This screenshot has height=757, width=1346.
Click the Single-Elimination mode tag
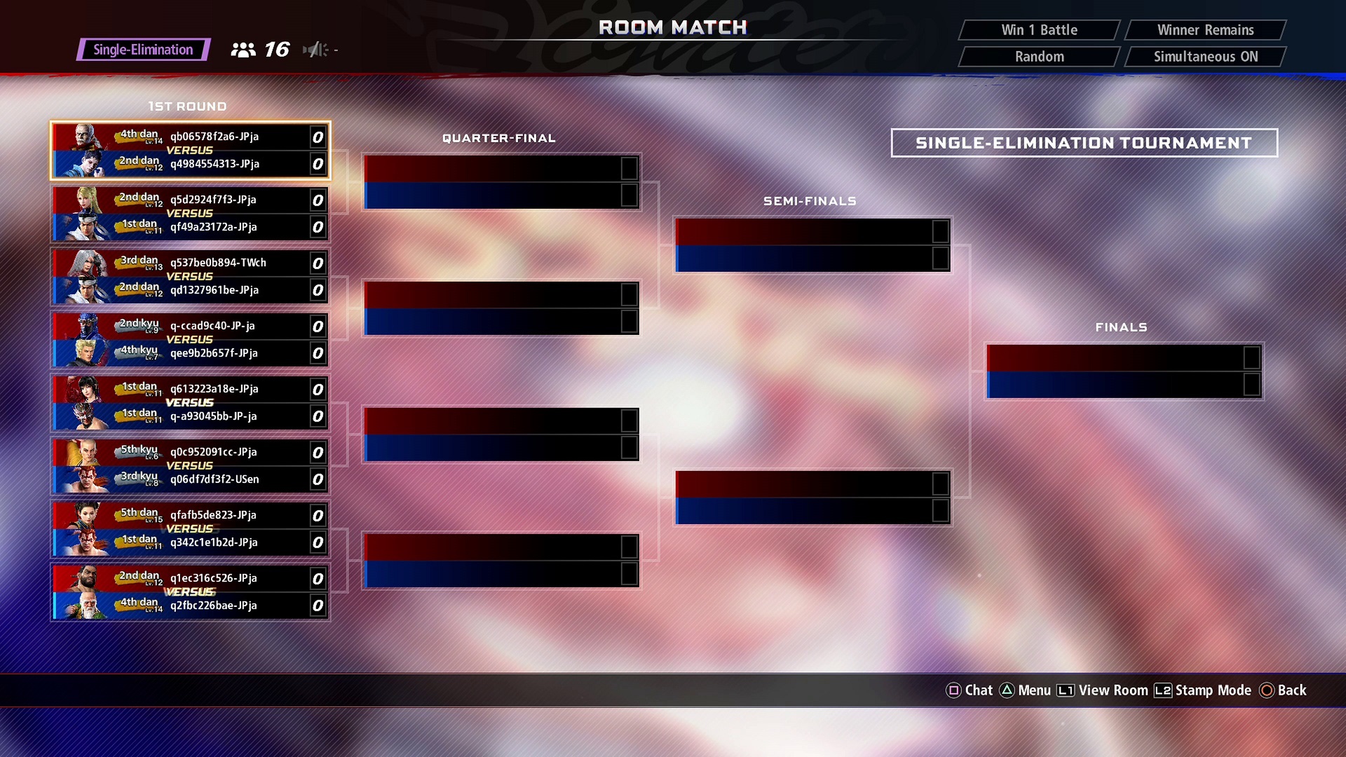[144, 50]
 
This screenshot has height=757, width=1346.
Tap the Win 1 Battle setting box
[1039, 30]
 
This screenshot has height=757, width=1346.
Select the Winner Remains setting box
[1205, 30]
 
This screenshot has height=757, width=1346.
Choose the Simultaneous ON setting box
[1205, 57]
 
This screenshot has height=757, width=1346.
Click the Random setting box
[1039, 57]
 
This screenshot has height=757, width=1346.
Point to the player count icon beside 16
[243, 50]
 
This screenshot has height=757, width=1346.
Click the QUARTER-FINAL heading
[498, 138]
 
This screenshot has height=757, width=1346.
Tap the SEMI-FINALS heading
[810, 201]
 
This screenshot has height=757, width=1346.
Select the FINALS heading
[1121, 327]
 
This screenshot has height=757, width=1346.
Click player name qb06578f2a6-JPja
[215, 137]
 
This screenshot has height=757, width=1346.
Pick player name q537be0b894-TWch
[218, 263]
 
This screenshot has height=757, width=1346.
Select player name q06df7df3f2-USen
[215, 479]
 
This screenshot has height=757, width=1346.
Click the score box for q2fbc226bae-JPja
[318, 606]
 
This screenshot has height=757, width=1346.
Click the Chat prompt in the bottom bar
[970, 690]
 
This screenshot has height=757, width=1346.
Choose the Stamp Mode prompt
[1203, 690]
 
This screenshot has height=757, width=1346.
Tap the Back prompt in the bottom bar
[1283, 690]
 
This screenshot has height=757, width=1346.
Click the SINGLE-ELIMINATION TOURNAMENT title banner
[1084, 143]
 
